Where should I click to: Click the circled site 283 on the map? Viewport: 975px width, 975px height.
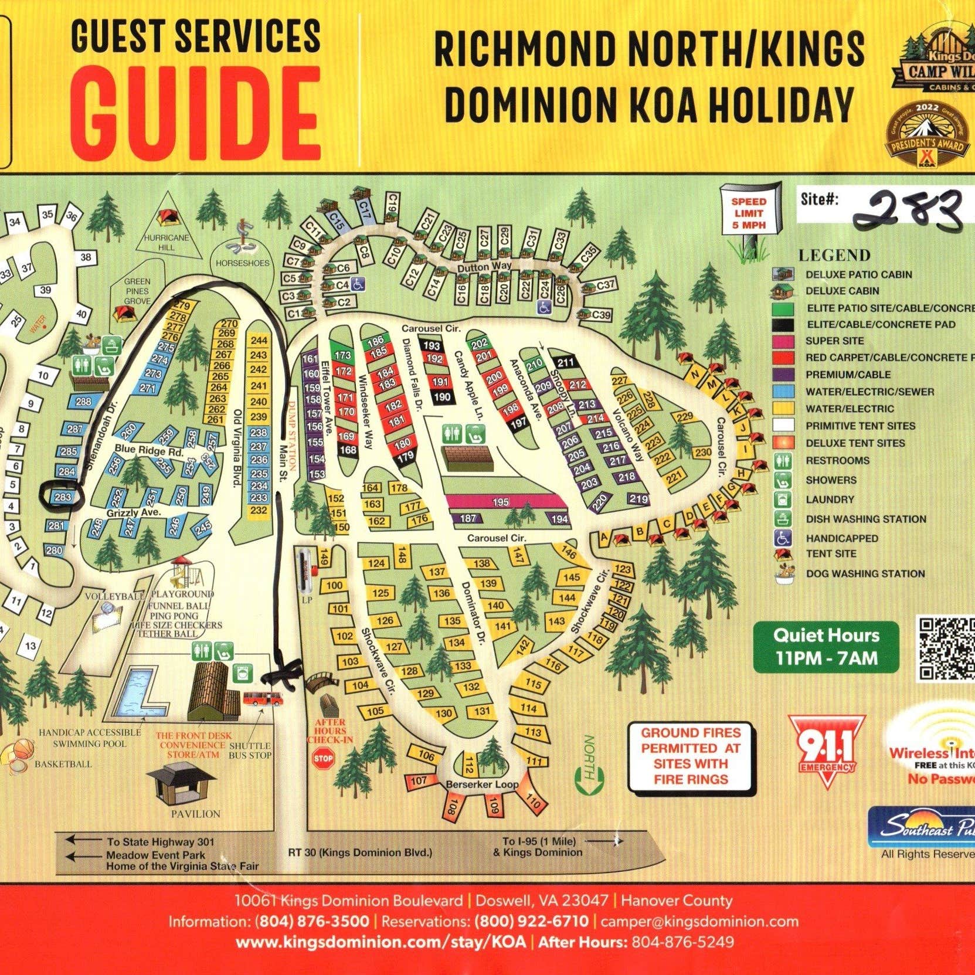(62, 497)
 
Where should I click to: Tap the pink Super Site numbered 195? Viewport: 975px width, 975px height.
(501, 502)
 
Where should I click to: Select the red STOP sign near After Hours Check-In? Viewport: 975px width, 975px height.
(323, 758)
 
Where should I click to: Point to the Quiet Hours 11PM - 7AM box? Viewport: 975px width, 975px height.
(826, 647)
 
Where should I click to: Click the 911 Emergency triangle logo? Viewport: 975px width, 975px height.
(827, 750)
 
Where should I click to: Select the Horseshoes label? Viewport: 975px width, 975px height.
(242, 263)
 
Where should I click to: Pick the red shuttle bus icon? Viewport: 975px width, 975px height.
(262, 698)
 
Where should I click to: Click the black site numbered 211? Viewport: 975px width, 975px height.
(565, 362)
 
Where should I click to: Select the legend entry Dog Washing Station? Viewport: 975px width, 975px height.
(865, 573)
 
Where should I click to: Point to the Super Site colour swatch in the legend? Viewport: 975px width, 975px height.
(783, 341)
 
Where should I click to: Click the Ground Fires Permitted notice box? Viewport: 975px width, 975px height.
(691, 756)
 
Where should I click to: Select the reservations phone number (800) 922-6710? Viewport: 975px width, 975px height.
(531, 921)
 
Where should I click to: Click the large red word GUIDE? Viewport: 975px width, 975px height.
(199, 114)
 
